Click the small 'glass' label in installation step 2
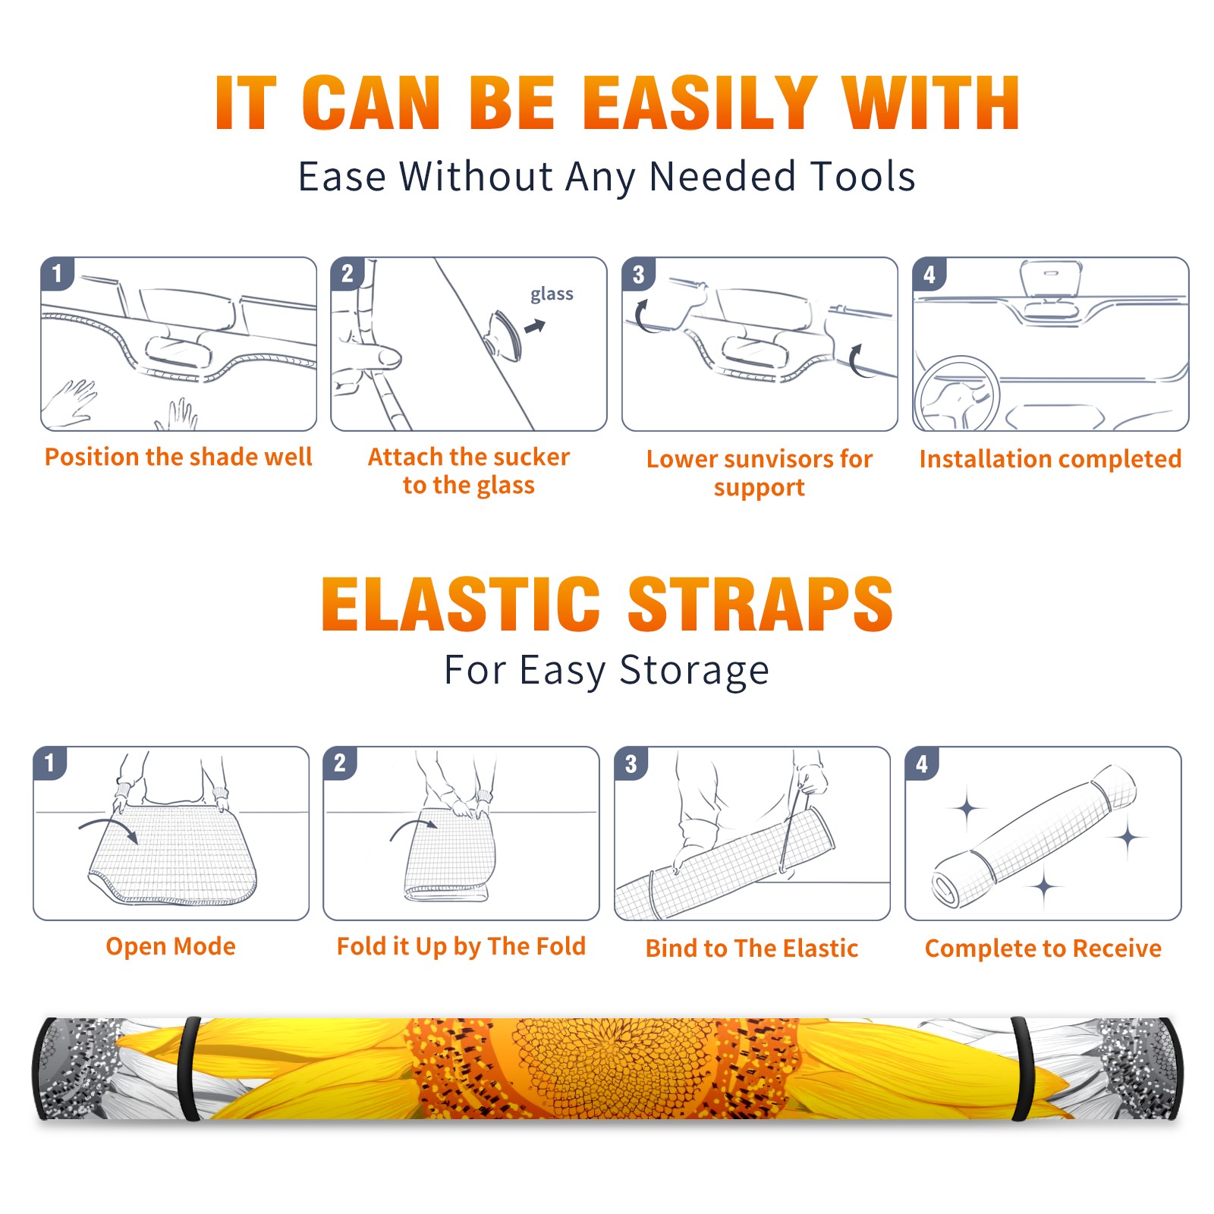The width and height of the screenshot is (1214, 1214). coord(552,294)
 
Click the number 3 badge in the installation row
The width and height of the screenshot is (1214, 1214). coord(638,274)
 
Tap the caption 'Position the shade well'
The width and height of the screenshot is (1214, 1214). coord(178,457)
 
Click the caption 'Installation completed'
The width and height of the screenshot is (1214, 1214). coord(1050,459)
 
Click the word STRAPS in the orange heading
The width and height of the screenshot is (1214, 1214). coord(760,604)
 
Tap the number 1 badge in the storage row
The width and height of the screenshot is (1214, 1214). coord(50,763)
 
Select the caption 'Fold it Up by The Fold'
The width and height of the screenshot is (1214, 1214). coord(461,947)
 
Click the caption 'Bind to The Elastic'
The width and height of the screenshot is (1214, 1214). coord(752,948)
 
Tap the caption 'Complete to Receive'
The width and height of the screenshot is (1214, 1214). coord(1043,948)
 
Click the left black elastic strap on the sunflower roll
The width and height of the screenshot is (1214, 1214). coord(190,1068)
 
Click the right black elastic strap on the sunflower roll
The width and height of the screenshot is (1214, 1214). coord(1022,1068)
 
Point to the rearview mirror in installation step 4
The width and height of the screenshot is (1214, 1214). coord(1051,279)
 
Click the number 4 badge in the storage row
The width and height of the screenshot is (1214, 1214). coord(922,763)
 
